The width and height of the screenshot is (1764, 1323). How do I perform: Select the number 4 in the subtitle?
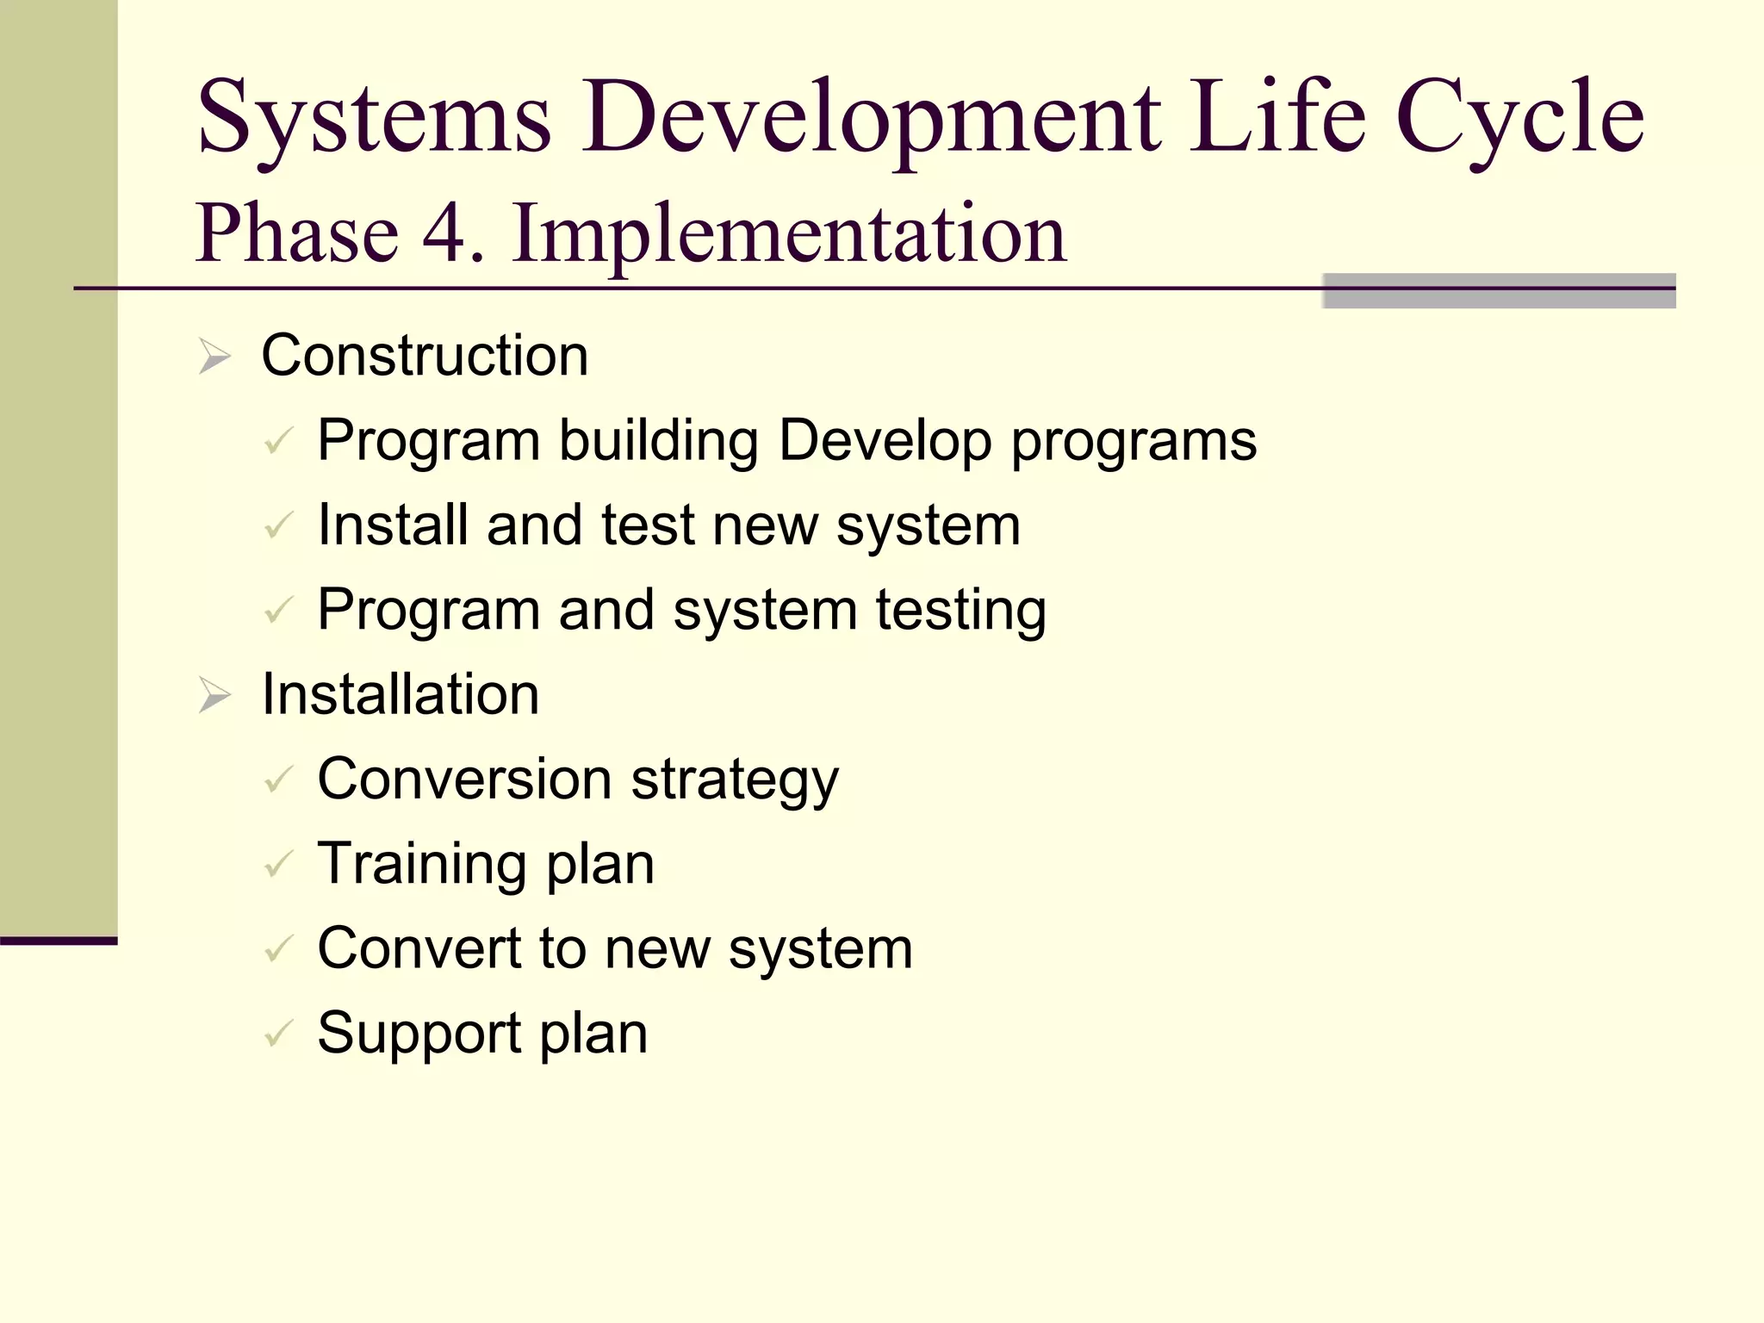coord(444,233)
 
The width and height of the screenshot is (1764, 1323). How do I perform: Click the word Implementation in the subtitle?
coord(789,233)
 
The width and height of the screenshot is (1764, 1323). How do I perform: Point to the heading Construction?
coord(425,355)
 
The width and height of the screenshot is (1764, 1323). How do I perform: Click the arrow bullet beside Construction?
coord(214,356)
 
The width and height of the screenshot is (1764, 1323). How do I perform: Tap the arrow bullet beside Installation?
coord(214,694)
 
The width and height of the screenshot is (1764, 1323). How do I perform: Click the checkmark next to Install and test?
coord(279,525)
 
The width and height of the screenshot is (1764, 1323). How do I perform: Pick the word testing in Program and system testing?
coord(961,610)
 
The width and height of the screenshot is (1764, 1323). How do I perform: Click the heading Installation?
coord(400,693)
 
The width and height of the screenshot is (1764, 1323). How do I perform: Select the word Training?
coord(421,864)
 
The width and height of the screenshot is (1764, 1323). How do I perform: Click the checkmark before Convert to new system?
coord(279,949)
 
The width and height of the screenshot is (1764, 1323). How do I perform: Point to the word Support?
coord(419,1033)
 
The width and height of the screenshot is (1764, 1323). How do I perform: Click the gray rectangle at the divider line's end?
coord(1498,290)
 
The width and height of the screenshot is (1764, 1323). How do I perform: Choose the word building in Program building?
coord(658,440)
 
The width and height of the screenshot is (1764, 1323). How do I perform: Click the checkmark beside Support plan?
coord(279,1034)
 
